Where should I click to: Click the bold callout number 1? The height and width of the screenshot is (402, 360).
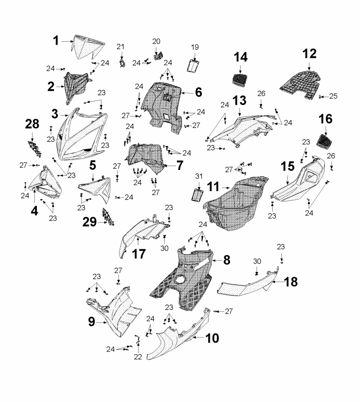point(56,41)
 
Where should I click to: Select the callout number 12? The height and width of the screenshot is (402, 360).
point(309,54)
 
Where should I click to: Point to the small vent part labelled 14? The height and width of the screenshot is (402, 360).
point(241,80)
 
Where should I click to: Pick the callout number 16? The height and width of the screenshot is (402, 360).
point(325,119)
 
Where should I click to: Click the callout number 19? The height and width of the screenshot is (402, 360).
point(195,47)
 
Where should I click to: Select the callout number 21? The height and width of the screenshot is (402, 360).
point(121,47)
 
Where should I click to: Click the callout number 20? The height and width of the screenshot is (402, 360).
point(156,41)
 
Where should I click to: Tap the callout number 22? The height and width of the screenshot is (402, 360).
point(138,357)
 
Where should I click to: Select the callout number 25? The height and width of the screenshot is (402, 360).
point(333,96)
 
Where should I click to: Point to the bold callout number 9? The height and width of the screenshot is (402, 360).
point(91,322)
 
